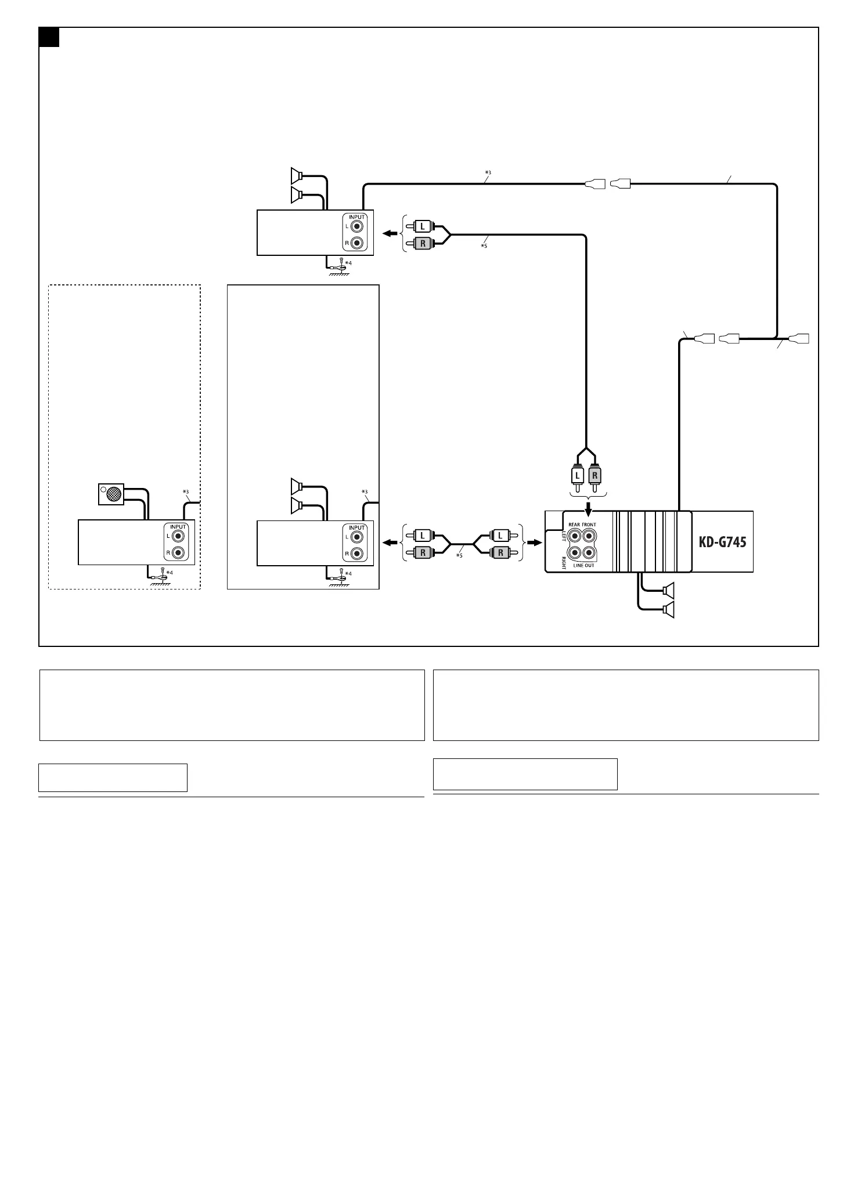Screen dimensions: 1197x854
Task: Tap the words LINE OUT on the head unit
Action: [x=582, y=566]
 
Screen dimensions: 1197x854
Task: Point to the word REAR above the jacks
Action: [x=574, y=525]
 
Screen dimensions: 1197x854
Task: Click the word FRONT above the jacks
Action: [x=589, y=525]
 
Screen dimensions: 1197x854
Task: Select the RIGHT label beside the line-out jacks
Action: [x=563, y=562]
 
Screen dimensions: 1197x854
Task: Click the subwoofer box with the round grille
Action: [x=111, y=494]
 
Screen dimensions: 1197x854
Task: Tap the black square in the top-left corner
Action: [x=49, y=37]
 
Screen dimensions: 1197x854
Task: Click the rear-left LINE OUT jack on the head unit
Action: [x=574, y=537]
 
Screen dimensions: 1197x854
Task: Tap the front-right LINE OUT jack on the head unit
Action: [x=589, y=553]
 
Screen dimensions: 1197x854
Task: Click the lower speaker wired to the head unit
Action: [x=668, y=609]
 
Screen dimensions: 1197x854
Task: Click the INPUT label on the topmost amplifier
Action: [x=357, y=217]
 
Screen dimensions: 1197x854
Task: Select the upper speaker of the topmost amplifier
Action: [x=297, y=174]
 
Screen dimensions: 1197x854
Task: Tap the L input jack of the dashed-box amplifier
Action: [x=178, y=537]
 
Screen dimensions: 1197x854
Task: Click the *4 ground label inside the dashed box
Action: [x=169, y=573]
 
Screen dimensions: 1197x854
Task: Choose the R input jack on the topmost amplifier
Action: [x=356, y=243]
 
